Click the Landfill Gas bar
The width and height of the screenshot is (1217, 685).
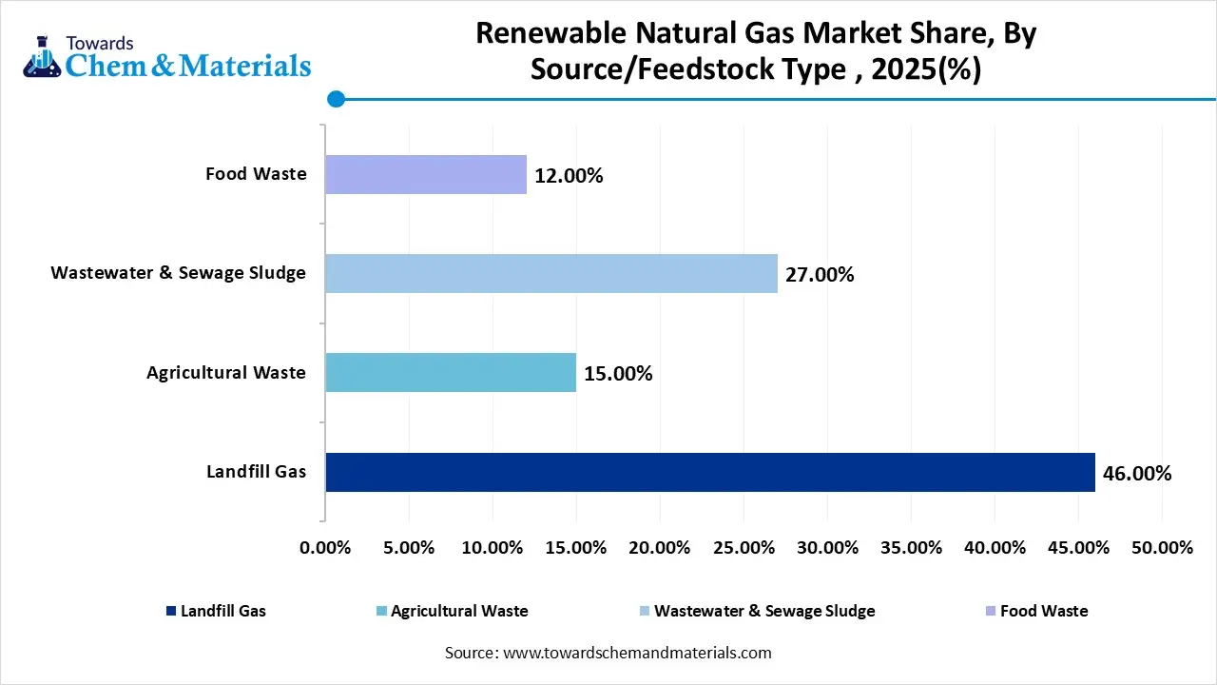pyautogui.click(x=709, y=472)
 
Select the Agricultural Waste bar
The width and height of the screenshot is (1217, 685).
pyautogui.click(x=451, y=372)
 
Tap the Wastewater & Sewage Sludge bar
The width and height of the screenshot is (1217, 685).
pyautogui.click(x=551, y=273)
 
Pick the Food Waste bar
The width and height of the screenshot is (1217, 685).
pyautogui.click(x=426, y=174)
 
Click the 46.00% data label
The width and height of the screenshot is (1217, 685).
pyautogui.click(x=1137, y=473)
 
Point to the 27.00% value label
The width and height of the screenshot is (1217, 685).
pyautogui.click(x=820, y=275)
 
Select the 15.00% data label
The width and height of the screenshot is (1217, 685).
pyautogui.click(x=618, y=374)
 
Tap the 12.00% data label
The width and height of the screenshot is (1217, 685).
pyautogui.click(x=569, y=176)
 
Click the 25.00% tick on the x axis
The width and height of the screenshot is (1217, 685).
pyautogui.click(x=744, y=548)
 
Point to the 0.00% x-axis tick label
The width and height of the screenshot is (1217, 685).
pyautogui.click(x=325, y=548)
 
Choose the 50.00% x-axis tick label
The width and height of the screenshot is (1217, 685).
pyautogui.click(x=1162, y=548)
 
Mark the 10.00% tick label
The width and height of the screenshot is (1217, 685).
pyautogui.click(x=493, y=548)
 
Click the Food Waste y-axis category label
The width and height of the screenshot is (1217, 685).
pyautogui.click(x=256, y=174)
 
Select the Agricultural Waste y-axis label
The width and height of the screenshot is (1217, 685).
pyautogui.click(x=226, y=372)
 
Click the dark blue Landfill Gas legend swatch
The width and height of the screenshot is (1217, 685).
pyautogui.click(x=170, y=611)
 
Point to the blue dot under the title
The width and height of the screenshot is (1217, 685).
pyautogui.click(x=335, y=98)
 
